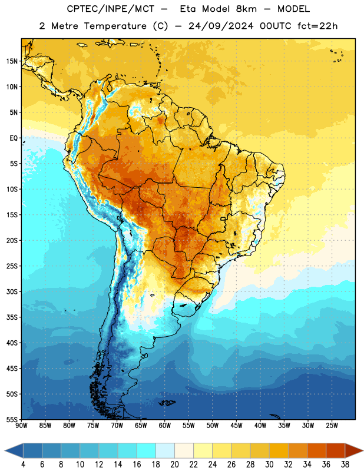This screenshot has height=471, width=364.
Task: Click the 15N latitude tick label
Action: (x=12, y=61)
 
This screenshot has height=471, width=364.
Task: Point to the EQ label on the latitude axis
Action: (x=14, y=138)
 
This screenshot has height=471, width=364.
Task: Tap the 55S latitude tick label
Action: (x=12, y=420)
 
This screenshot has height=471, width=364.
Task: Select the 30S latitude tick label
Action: (x=12, y=291)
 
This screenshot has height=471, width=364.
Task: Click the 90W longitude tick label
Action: (x=21, y=426)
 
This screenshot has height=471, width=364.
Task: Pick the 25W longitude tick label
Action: (x=332, y=426)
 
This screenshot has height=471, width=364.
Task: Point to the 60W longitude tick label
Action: (x=165, y=426)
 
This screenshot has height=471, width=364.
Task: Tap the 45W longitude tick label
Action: (x=236, y=426)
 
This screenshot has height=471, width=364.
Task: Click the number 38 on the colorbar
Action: (x=345, y=465)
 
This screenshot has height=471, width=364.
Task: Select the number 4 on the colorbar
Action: (x=23, y=465)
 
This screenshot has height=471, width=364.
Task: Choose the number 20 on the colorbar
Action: (x=174, y=465)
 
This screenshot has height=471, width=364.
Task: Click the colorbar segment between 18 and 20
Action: (x=166, y=451)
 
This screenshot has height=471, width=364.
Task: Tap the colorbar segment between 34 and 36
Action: (x=317, y=451)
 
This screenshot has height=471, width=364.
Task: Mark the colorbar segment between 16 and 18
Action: (x=147, y=451)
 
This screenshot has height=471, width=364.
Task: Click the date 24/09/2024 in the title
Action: (x=221, y=26)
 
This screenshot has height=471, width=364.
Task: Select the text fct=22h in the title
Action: (x=317, y=26)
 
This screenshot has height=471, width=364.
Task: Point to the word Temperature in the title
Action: (x=115, y=26)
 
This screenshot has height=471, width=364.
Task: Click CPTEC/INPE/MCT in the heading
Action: (x=111, y=9)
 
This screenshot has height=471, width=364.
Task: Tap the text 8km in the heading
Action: (x=246, y=9)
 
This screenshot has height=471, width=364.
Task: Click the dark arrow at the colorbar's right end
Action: (x=353, y=451)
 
